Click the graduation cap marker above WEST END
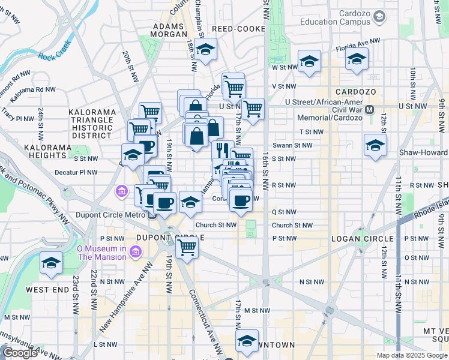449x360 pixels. (51, 263)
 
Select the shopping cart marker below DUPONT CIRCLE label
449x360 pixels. (187, 247)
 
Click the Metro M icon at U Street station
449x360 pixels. (370, 110)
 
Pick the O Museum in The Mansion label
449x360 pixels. (101, 253)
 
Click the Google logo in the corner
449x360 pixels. (20, 353)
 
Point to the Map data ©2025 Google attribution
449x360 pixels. (412, 355)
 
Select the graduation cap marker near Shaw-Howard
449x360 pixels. (375, 146)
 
